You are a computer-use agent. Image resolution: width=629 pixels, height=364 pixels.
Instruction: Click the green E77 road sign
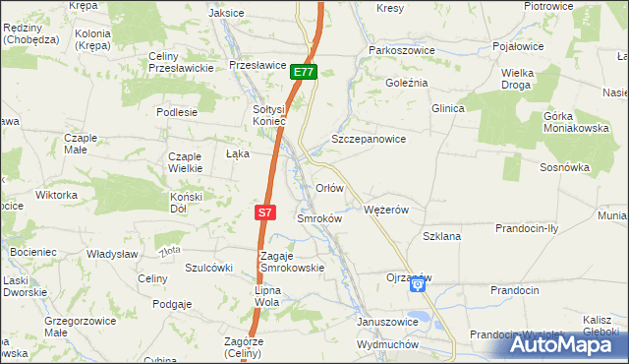coord(304,72)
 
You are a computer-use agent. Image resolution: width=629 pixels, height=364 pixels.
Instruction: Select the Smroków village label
coord(318,218)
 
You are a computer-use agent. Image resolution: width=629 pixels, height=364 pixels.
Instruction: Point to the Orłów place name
coord(328,187)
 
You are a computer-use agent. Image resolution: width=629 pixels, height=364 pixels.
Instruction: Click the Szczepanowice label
coord(369,140)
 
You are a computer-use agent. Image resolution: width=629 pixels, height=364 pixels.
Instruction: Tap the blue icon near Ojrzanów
coord(417,285)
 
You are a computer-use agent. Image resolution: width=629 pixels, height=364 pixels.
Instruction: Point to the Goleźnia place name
coord(407,83)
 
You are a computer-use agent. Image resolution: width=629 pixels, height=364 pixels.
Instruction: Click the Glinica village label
coord(447,108)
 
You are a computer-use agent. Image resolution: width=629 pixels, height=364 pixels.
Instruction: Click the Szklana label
coord(441,237)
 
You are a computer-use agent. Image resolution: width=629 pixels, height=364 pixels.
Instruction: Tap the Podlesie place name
coord(177,112)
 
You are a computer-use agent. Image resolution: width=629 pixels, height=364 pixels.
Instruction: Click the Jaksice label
coord(227,13)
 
